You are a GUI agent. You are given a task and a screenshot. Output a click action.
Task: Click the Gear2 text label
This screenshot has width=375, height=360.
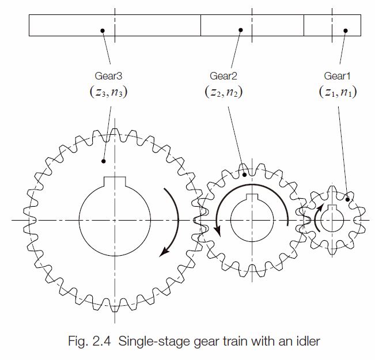(x=224, y=75)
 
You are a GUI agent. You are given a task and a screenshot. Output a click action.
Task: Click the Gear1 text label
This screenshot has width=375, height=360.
(x=337, y=75)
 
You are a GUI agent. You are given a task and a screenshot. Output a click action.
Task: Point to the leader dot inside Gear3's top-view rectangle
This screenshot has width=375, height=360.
(x=101, y=30)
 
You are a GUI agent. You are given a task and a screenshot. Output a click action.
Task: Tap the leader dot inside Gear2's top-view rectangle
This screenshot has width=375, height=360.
(x=241, y=30)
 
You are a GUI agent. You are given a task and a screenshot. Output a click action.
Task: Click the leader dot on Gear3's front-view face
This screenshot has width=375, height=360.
(x=103, y=161)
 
